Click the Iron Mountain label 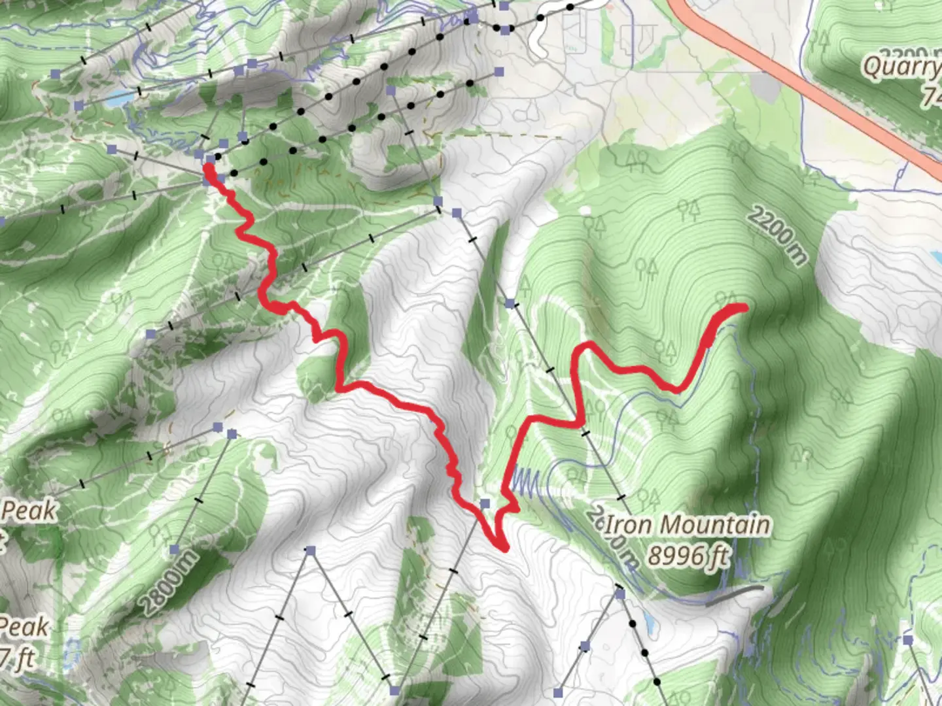coord(687,524)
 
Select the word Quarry coord(901,67)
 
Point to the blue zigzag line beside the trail coord(526,481)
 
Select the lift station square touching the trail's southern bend coord(485,503)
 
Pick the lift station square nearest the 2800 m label coord(175,549)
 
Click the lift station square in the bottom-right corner coord(907,639)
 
